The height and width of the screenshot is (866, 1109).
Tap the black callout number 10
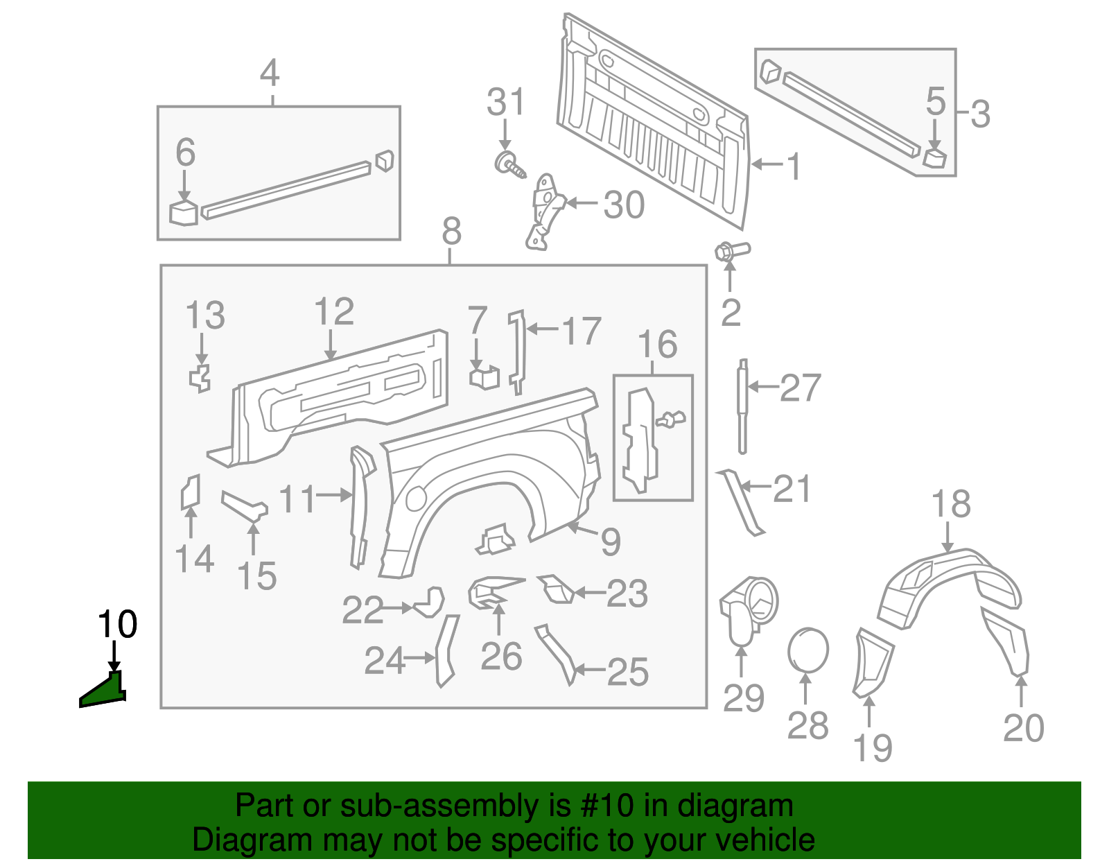pos(117,625)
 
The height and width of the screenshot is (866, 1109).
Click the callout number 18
pos(950,504)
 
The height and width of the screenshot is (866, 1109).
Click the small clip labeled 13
pos(200,378)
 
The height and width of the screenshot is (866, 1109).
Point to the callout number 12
pos(334,312)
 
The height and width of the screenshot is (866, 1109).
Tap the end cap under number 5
pos(934,157)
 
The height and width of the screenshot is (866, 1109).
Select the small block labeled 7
pos(484,377)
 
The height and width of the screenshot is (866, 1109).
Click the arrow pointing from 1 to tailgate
pos(767,165)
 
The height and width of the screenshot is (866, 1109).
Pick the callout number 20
pos(1023,729)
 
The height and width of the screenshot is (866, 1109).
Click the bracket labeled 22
pos(430,602)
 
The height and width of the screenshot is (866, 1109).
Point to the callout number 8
pos(451,231)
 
